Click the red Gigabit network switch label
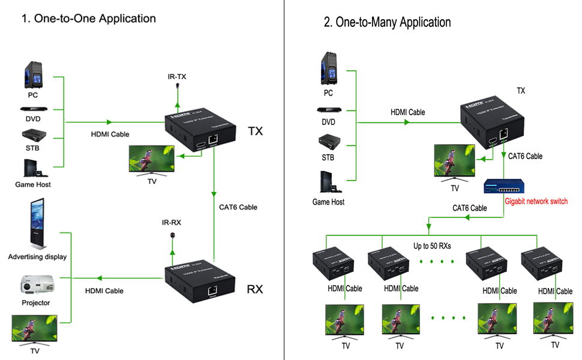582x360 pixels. coord(536,202)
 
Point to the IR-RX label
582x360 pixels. coord(171,222)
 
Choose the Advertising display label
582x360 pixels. coord(37,257)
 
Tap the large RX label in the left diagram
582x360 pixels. coord(255,289)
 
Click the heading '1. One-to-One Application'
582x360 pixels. coord(89,19)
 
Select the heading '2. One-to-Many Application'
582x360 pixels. coord(387,23)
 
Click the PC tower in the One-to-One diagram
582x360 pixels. coord(33,76)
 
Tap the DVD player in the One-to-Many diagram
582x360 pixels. coord(328,110)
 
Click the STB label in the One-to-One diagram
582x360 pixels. coord(32,148)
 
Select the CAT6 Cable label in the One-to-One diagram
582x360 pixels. coord(238,207)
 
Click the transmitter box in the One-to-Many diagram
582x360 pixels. coord(491,124)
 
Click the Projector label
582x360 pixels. coord(36,303)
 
